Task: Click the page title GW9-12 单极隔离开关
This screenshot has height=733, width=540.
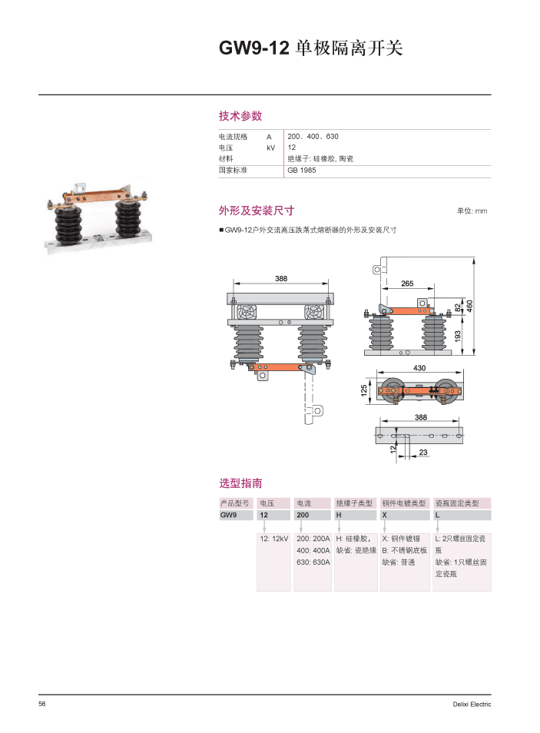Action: pyautogui.click(x=311, y=48)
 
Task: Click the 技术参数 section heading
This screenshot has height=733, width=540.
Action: pyautogui.click(x=240, y=116)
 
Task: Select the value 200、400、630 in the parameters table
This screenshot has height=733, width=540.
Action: pyautogui.click(x=313, y=136)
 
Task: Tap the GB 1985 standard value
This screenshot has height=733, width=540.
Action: pyautogui.click(x=302, y=170)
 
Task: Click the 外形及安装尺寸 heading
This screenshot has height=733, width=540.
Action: pyautogui.click(x=257, y=211)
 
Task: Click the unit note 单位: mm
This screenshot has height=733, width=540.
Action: pyautogui.click(x=472, y=211)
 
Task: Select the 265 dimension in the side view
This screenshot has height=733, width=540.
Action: pyautogui.click(x=408, y=284)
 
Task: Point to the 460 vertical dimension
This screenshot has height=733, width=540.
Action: pyautogui.click(x=470, y=305)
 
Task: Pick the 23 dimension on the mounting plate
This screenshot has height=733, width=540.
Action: pyautogui.click(x=423, y=453)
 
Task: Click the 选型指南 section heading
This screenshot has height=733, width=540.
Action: pyautogui.click(x=240, y=483)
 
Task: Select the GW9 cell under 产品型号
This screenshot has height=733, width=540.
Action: pyautogui.click(x=228, y=516)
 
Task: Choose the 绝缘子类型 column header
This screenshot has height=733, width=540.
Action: pyautogui.click(x=355, y=503)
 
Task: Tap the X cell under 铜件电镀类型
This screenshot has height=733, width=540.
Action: pyautogui.click(x=385, y=516)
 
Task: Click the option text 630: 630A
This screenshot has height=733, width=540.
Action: pyautogui.click(x=313, y=562)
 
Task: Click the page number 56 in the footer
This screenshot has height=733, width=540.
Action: pyautogui.click(x=43, y=704)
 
